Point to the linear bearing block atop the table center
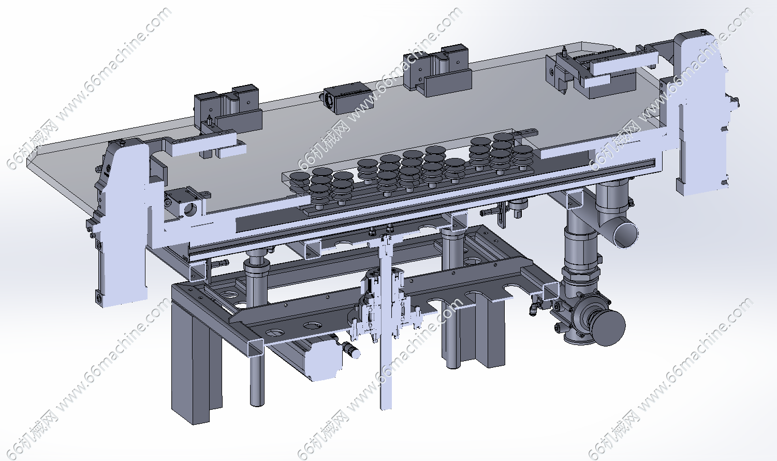click(347, 97)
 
